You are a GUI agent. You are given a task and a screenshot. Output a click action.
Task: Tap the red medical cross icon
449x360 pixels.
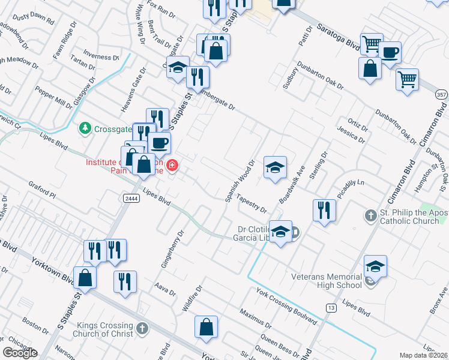(172, 164)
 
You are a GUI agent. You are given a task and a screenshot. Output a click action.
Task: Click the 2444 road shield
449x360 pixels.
(132, 199)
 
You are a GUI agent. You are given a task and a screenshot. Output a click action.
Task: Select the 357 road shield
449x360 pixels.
(441, 95)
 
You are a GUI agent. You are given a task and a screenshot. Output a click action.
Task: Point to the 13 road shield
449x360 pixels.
(331, 308)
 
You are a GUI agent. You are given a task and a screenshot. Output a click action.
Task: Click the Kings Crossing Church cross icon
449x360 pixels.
(142, 328)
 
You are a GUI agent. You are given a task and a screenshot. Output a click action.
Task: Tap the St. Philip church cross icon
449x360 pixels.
(371, 215)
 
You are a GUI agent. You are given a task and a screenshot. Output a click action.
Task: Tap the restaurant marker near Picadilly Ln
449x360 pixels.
(324, 210)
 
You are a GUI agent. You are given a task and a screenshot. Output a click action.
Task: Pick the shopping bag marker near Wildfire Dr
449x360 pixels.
(206, 328)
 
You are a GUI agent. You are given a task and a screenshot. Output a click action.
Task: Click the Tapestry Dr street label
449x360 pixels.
(252, 203)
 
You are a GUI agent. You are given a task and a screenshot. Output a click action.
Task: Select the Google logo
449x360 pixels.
(20, 353)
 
